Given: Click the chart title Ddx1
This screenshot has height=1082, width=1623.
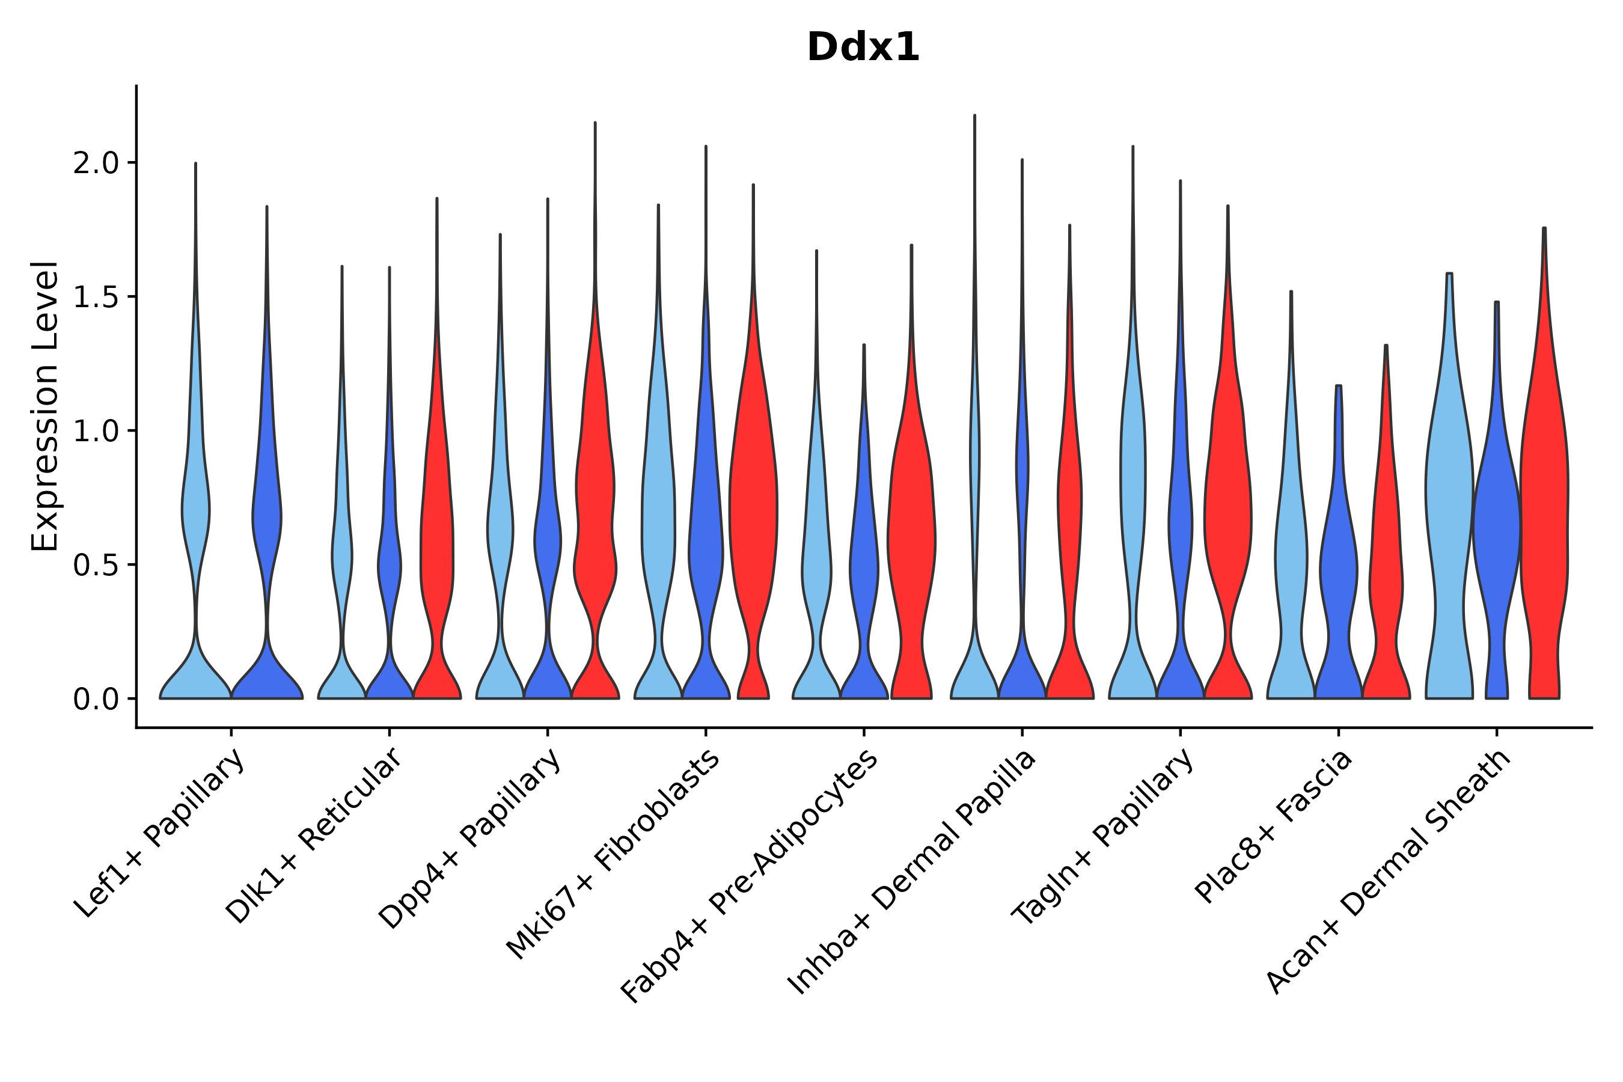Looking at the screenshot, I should pos(863,47).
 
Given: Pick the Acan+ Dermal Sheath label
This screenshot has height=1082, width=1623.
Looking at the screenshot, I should pos(1389,872).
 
